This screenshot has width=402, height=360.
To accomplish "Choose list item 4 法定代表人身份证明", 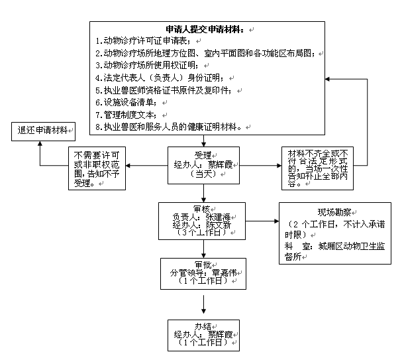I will tap(149, 78).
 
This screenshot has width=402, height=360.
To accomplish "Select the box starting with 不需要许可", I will tap(97, 167).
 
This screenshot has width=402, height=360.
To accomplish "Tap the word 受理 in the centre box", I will tap(203, 155).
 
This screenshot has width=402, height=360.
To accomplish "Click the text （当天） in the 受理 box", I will tap(203, 174).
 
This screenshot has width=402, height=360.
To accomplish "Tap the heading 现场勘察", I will tap(334, 213).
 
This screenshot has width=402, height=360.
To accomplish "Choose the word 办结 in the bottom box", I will tap(203, 326).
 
